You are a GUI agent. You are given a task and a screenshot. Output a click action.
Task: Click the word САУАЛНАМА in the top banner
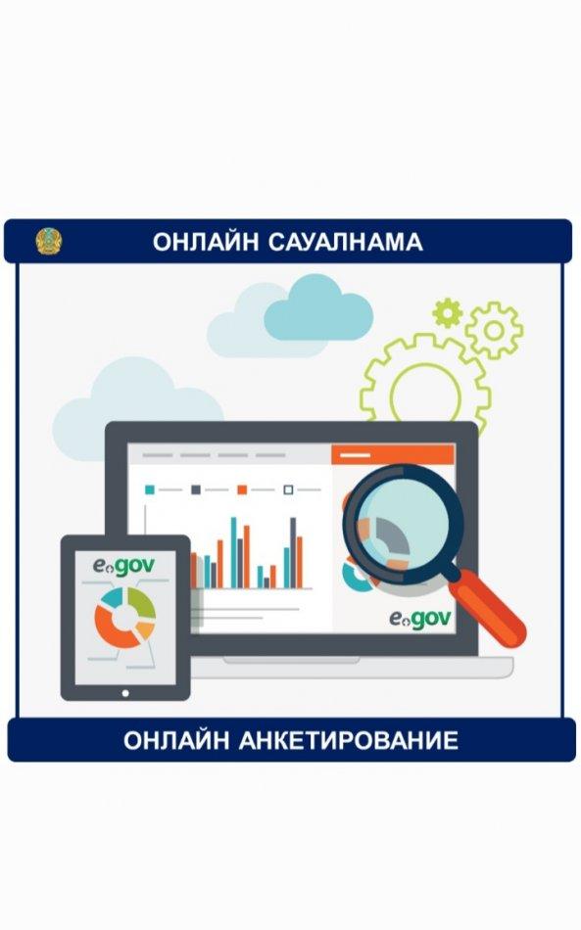346,242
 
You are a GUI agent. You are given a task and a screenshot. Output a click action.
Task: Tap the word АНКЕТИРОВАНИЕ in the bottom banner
349,740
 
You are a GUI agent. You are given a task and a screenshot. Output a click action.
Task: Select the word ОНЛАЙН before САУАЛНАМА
206,242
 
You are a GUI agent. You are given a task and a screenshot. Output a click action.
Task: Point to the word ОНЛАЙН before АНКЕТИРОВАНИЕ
176,740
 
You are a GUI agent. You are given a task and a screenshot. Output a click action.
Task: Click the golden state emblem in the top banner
49,242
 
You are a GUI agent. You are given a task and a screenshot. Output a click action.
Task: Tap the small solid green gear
448,312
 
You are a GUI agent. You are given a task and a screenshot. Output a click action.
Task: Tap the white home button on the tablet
125,693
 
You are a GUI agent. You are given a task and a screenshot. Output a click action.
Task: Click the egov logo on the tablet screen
124,566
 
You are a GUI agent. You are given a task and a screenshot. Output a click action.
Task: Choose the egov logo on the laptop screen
420,619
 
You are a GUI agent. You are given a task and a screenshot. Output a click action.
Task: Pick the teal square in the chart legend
150,489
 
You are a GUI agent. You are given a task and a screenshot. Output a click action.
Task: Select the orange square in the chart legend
242,489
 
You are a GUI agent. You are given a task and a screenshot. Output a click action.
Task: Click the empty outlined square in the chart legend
288,489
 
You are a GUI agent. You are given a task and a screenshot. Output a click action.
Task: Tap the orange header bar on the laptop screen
393,455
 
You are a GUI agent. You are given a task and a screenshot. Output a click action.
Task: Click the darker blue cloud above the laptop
318,308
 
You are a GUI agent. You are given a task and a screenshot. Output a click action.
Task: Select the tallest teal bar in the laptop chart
234,552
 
